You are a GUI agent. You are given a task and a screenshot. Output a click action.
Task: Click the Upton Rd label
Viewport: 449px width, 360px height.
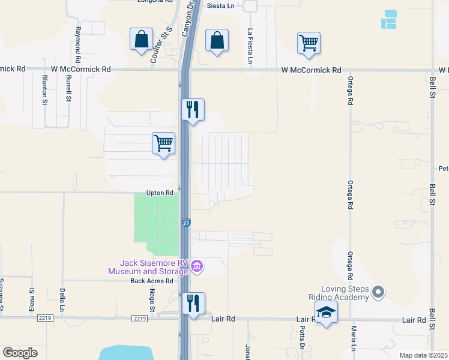(160, 193)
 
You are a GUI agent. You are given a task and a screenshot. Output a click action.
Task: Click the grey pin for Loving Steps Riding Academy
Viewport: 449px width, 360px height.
(378, 292)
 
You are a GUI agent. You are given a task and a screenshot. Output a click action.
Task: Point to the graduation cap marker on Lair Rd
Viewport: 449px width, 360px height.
(326, 313)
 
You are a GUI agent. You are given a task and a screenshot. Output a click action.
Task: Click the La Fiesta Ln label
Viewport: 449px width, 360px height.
(250, 46)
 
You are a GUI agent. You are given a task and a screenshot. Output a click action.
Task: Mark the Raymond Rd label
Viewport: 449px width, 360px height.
(77, 40)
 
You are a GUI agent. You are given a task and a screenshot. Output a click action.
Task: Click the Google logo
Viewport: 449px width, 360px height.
(20, 353)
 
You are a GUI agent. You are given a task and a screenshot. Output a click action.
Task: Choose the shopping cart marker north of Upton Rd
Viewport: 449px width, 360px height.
(163, 143)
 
